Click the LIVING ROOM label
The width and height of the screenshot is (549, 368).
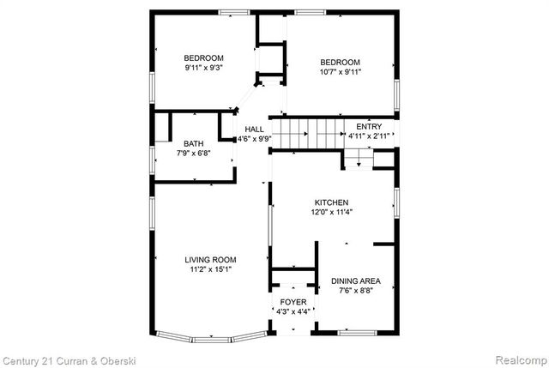(210, 259)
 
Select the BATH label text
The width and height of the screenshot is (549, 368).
(193, 143)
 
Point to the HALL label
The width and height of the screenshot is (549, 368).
(254, 129)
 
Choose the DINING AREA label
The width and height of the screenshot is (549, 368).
(355, 281)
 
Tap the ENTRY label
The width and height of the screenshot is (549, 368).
(370, 125)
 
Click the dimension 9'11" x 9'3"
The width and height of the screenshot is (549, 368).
(203, 68)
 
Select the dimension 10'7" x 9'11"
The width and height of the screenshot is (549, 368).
(341, 72)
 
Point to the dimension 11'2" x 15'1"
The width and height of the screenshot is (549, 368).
(210, 269)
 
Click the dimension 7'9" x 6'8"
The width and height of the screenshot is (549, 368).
(193, 154)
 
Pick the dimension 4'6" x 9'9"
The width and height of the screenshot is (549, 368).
(254, 138)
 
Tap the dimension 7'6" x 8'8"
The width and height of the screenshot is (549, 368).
(355, 291)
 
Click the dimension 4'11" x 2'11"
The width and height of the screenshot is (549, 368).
(370, 136)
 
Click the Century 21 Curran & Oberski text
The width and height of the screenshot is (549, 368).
(69, 360)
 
